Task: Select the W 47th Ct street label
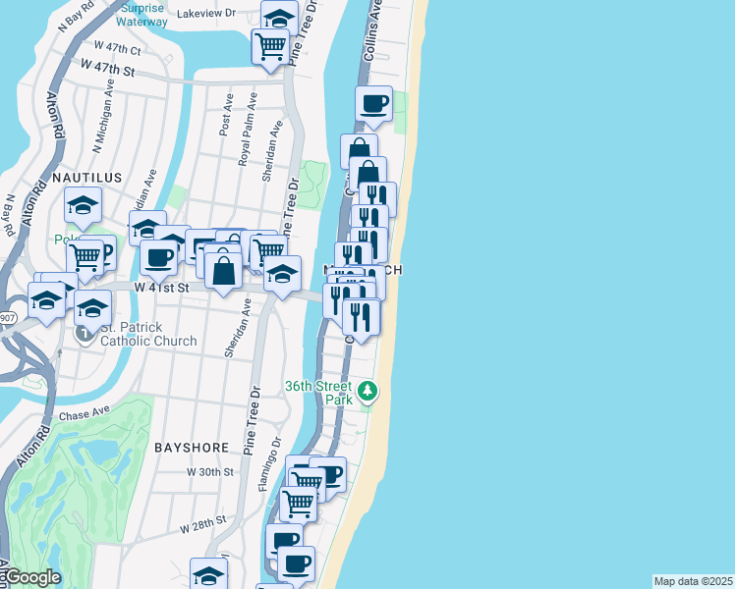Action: [x=118, y=48]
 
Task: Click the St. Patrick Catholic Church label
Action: [x=148, y=334]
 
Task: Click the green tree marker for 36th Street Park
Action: [x=367, y=393]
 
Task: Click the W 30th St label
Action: [x=209, y=472]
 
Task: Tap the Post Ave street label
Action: [x=227, y=115]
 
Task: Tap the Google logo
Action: [x=31, y=578]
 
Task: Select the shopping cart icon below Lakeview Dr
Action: [x=269, y=44]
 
